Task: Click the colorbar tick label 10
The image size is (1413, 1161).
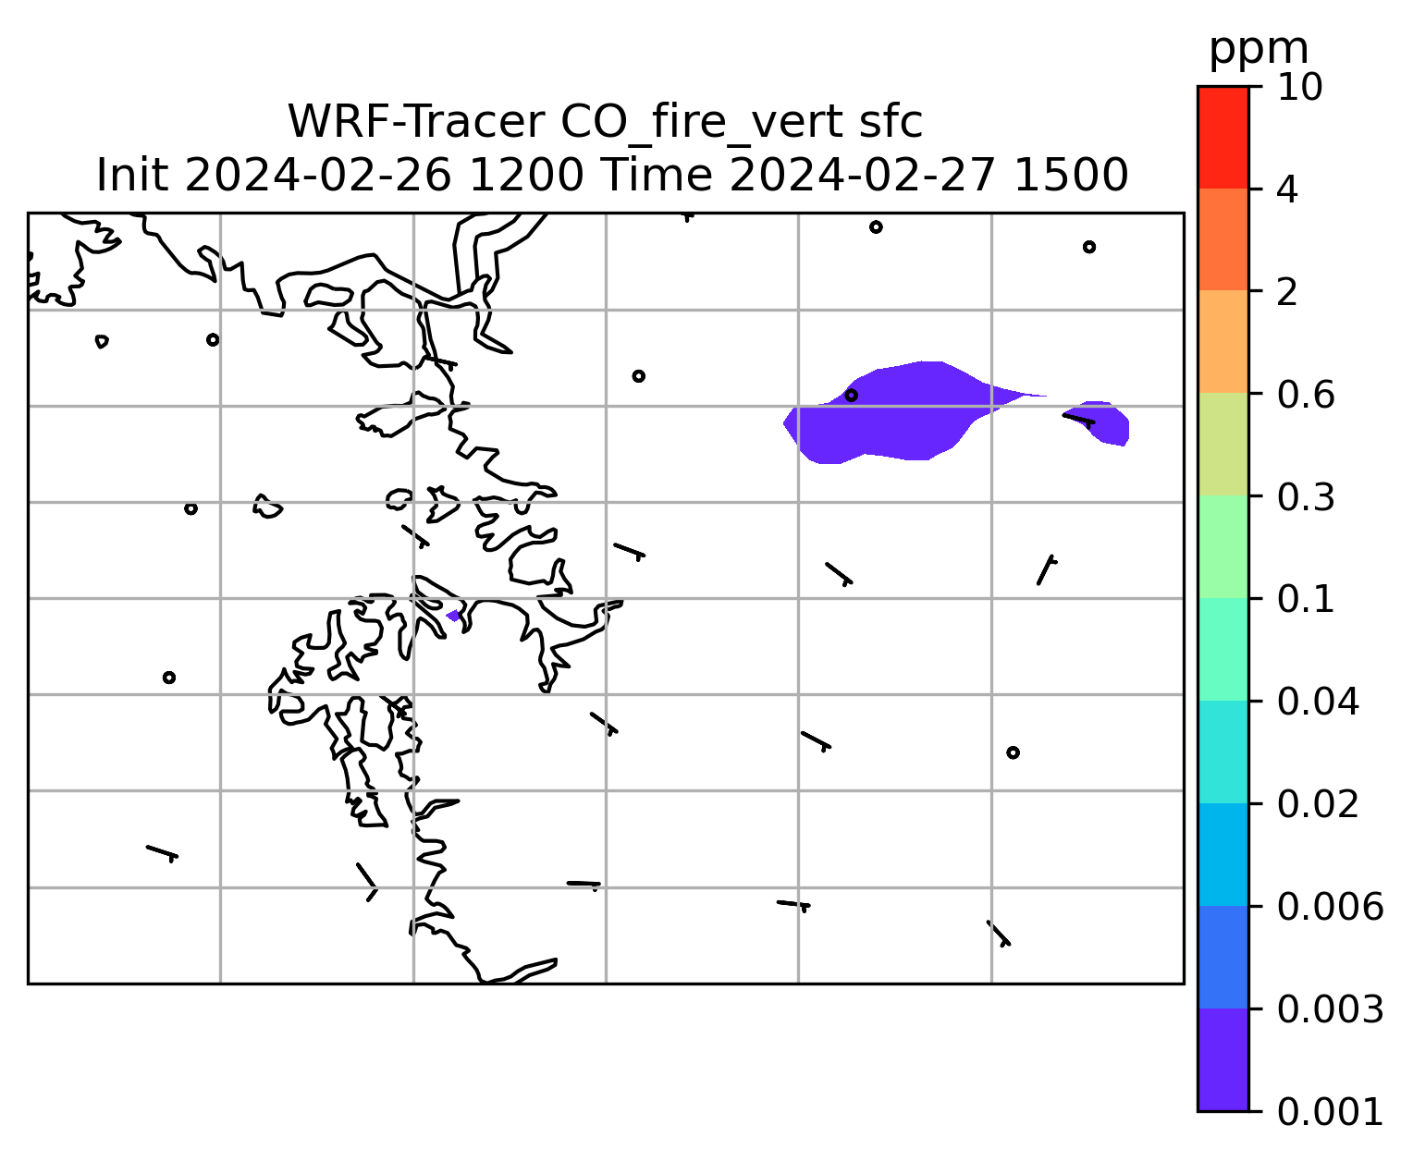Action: (1299, 88)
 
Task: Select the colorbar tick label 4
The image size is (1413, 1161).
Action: (1287, 189)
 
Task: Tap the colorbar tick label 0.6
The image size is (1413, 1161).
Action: (1305, 395)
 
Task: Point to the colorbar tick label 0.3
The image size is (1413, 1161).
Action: (1305, 496)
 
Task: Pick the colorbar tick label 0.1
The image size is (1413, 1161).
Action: (1305, 599)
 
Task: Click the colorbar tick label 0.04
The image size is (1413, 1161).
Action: (1317, 702)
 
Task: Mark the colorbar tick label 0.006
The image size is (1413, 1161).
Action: (1330, 907)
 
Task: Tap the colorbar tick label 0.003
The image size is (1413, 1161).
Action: (1330, 1009)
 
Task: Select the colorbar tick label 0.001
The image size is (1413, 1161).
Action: (1330, 1112)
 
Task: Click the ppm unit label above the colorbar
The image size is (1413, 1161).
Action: (1259, 50)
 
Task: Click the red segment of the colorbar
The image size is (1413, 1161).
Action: (1223, 137)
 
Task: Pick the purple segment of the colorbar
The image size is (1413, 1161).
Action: (1223, 1059)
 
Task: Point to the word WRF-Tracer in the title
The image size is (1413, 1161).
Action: (416, 122)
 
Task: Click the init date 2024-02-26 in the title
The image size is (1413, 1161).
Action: (317, 176)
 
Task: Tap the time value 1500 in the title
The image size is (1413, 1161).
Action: (1071, 176)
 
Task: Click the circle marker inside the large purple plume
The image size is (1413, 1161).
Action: (851, 396)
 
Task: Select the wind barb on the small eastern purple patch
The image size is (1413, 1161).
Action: (1078, 421)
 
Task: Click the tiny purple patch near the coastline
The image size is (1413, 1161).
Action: (453, 616)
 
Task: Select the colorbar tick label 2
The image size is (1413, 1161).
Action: (1287, 292)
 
